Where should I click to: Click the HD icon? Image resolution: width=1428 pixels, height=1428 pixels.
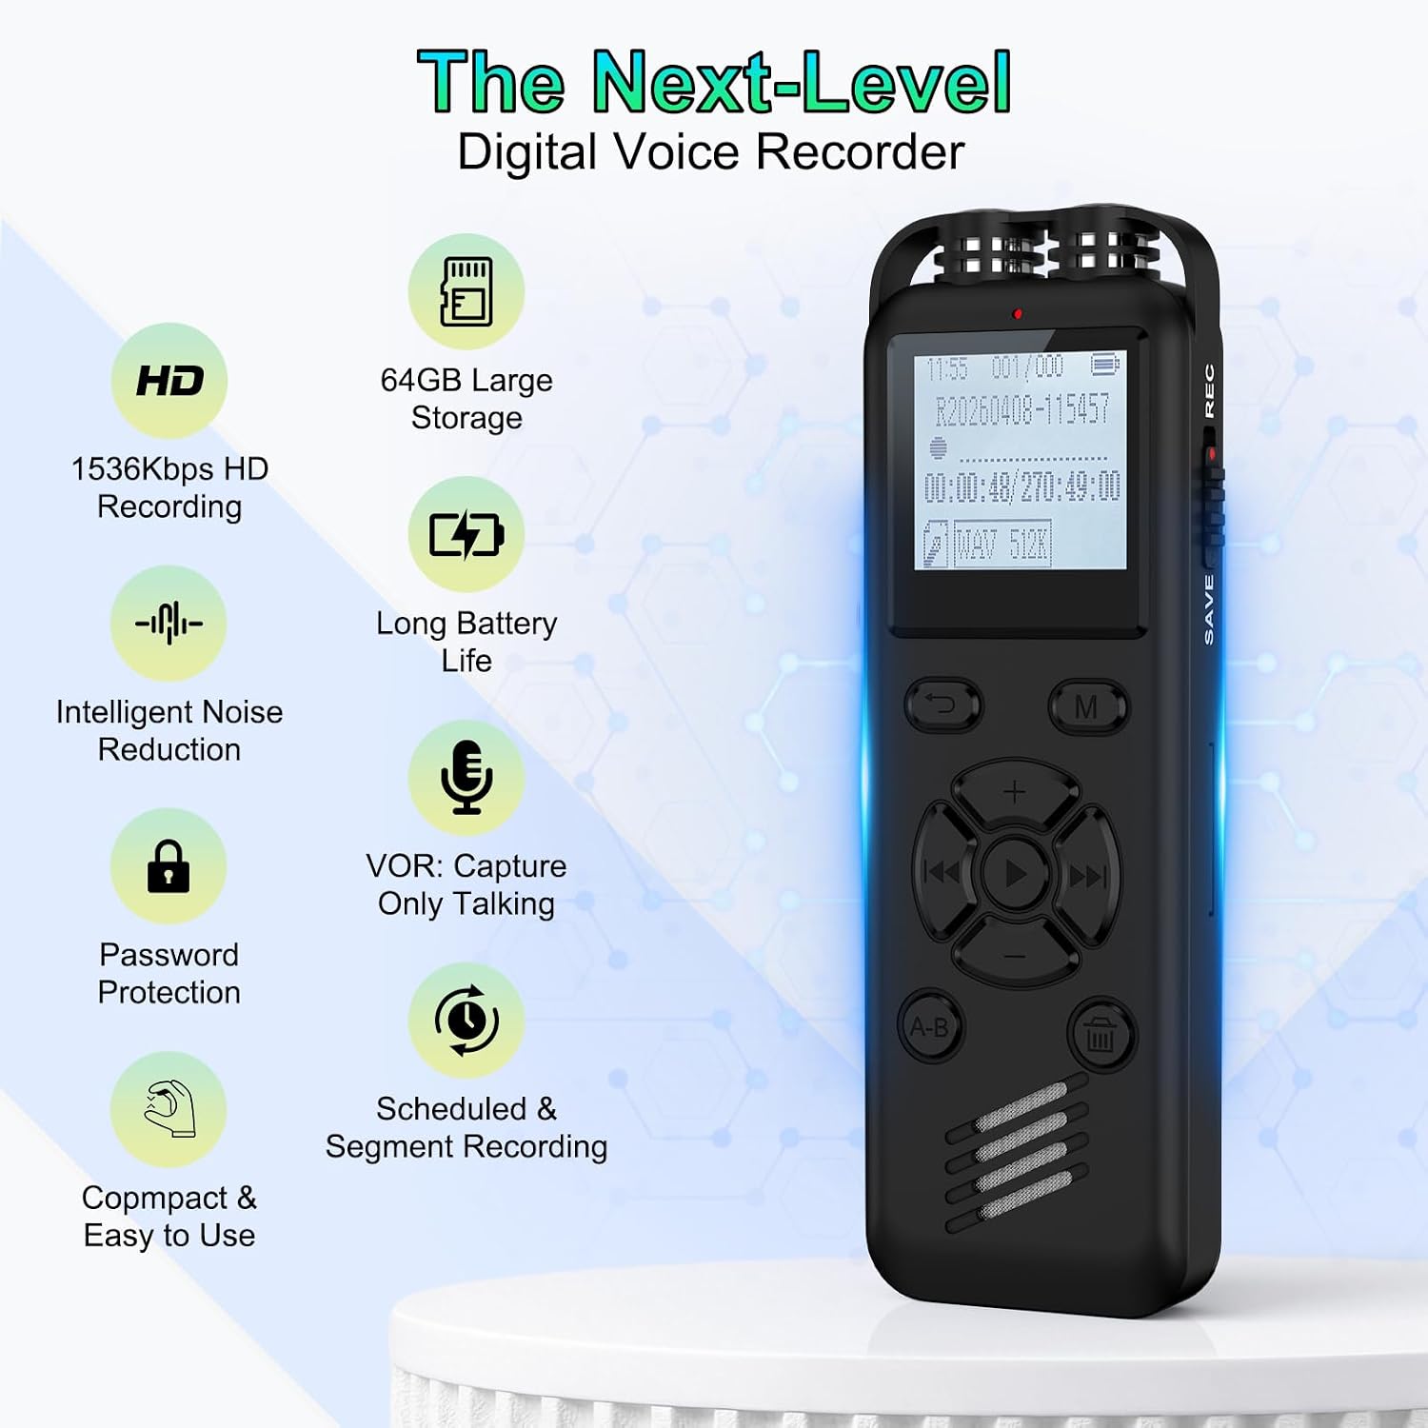click(169, 381)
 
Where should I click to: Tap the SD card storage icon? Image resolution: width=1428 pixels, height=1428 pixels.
click(466, 291)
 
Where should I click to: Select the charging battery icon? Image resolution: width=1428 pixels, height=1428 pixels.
click(466, 535)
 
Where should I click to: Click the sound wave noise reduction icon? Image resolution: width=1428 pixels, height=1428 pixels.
click(169, 624)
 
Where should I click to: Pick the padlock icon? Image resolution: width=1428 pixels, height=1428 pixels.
click(169, 866)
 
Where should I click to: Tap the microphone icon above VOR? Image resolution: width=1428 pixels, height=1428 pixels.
click(466, 778)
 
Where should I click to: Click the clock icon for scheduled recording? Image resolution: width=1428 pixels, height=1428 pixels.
click(466, 1021)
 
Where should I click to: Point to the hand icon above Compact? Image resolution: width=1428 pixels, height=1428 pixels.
click(169, 1109)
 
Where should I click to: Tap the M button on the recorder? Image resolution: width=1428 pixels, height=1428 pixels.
click(1088, 707)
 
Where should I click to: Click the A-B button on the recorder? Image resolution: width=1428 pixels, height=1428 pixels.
click(930, 1027)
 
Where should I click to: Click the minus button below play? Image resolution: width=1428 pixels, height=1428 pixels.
click(1015, 954)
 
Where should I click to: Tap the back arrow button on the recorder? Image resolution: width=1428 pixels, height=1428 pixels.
click(942, 705)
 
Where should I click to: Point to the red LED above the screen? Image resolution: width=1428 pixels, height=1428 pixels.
click(1018, 313)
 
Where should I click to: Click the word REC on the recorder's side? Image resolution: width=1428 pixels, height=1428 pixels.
click(1209, 390)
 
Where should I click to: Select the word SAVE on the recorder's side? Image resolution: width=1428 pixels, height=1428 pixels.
click(1209, 609)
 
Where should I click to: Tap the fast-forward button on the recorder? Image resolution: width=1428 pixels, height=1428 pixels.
click(1086, 874)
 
